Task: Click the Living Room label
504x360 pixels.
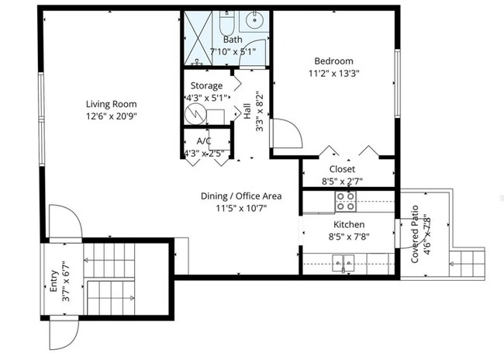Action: click(x=111, y=104)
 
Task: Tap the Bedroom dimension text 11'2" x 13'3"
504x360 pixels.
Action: click(x=333, y=74)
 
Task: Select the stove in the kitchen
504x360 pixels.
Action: click(x=345, y=202)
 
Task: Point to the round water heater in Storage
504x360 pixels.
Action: click(x=196, y=114)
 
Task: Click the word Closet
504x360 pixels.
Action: click(x=342, y=169)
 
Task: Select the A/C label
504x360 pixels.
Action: click(x=204, y=141)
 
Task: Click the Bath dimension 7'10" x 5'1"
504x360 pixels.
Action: click(x=233, y=52)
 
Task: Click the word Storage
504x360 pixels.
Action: click(x=206, y=85)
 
